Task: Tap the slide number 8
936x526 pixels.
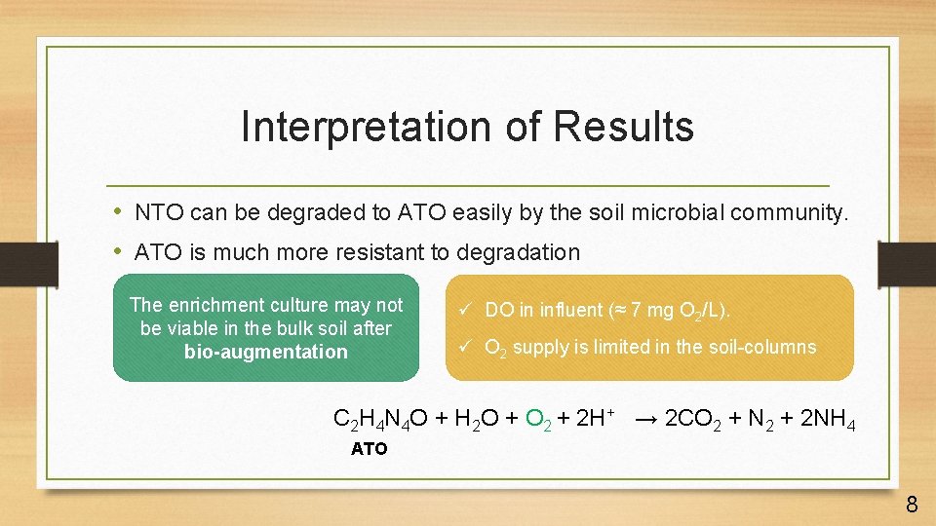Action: pos(912,504)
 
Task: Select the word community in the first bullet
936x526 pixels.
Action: pos(790,212)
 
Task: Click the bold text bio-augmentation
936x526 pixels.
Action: pos(265,352)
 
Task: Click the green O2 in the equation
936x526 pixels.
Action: pos(539,420)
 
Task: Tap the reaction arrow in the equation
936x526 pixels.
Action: pos(645,420)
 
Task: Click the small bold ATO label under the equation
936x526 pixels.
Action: pos(370,449)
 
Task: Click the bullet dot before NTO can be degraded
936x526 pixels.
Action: pos(118,212)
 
